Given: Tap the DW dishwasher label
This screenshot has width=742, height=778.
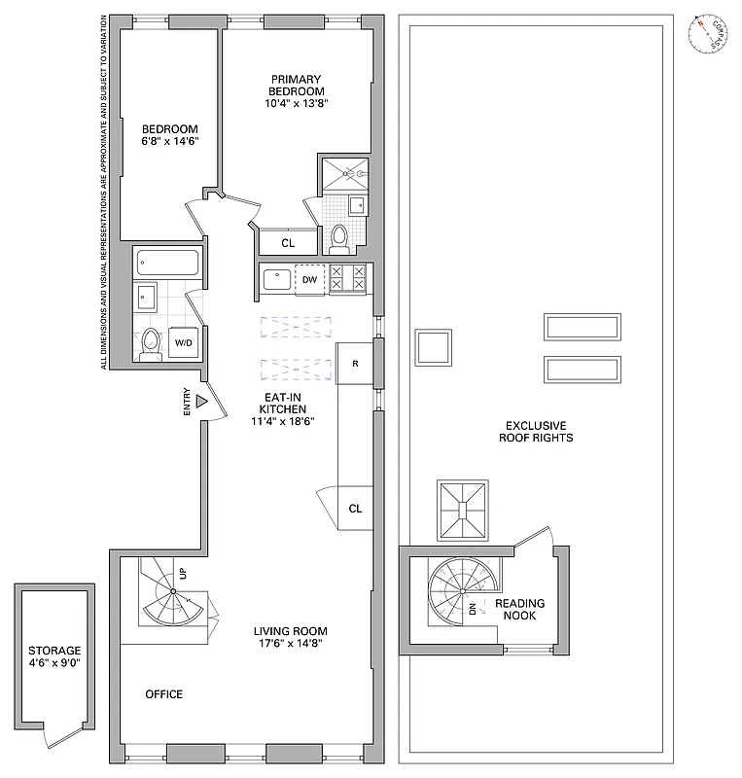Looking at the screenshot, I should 310,279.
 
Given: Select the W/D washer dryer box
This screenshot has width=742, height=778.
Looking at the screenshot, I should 183,342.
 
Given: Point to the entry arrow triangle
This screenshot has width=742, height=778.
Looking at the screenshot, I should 202,401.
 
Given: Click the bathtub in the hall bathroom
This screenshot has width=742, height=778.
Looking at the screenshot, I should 167,262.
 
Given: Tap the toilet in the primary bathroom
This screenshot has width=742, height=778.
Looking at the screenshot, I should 338,236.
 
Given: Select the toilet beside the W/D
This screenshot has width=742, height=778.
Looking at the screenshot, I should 151,342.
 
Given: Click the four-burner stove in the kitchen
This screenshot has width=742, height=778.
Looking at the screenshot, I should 347,279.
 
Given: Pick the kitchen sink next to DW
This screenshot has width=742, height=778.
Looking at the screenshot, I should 278,279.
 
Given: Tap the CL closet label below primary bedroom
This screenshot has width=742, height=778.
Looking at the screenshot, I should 289,243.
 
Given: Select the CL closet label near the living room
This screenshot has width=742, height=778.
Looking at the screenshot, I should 355,508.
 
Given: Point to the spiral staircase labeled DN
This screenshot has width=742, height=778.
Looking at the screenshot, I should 460,594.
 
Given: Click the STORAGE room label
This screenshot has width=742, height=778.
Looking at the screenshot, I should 54,651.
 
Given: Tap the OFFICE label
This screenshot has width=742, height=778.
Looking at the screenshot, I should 163,694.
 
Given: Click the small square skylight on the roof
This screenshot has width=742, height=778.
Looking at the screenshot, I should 433,348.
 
